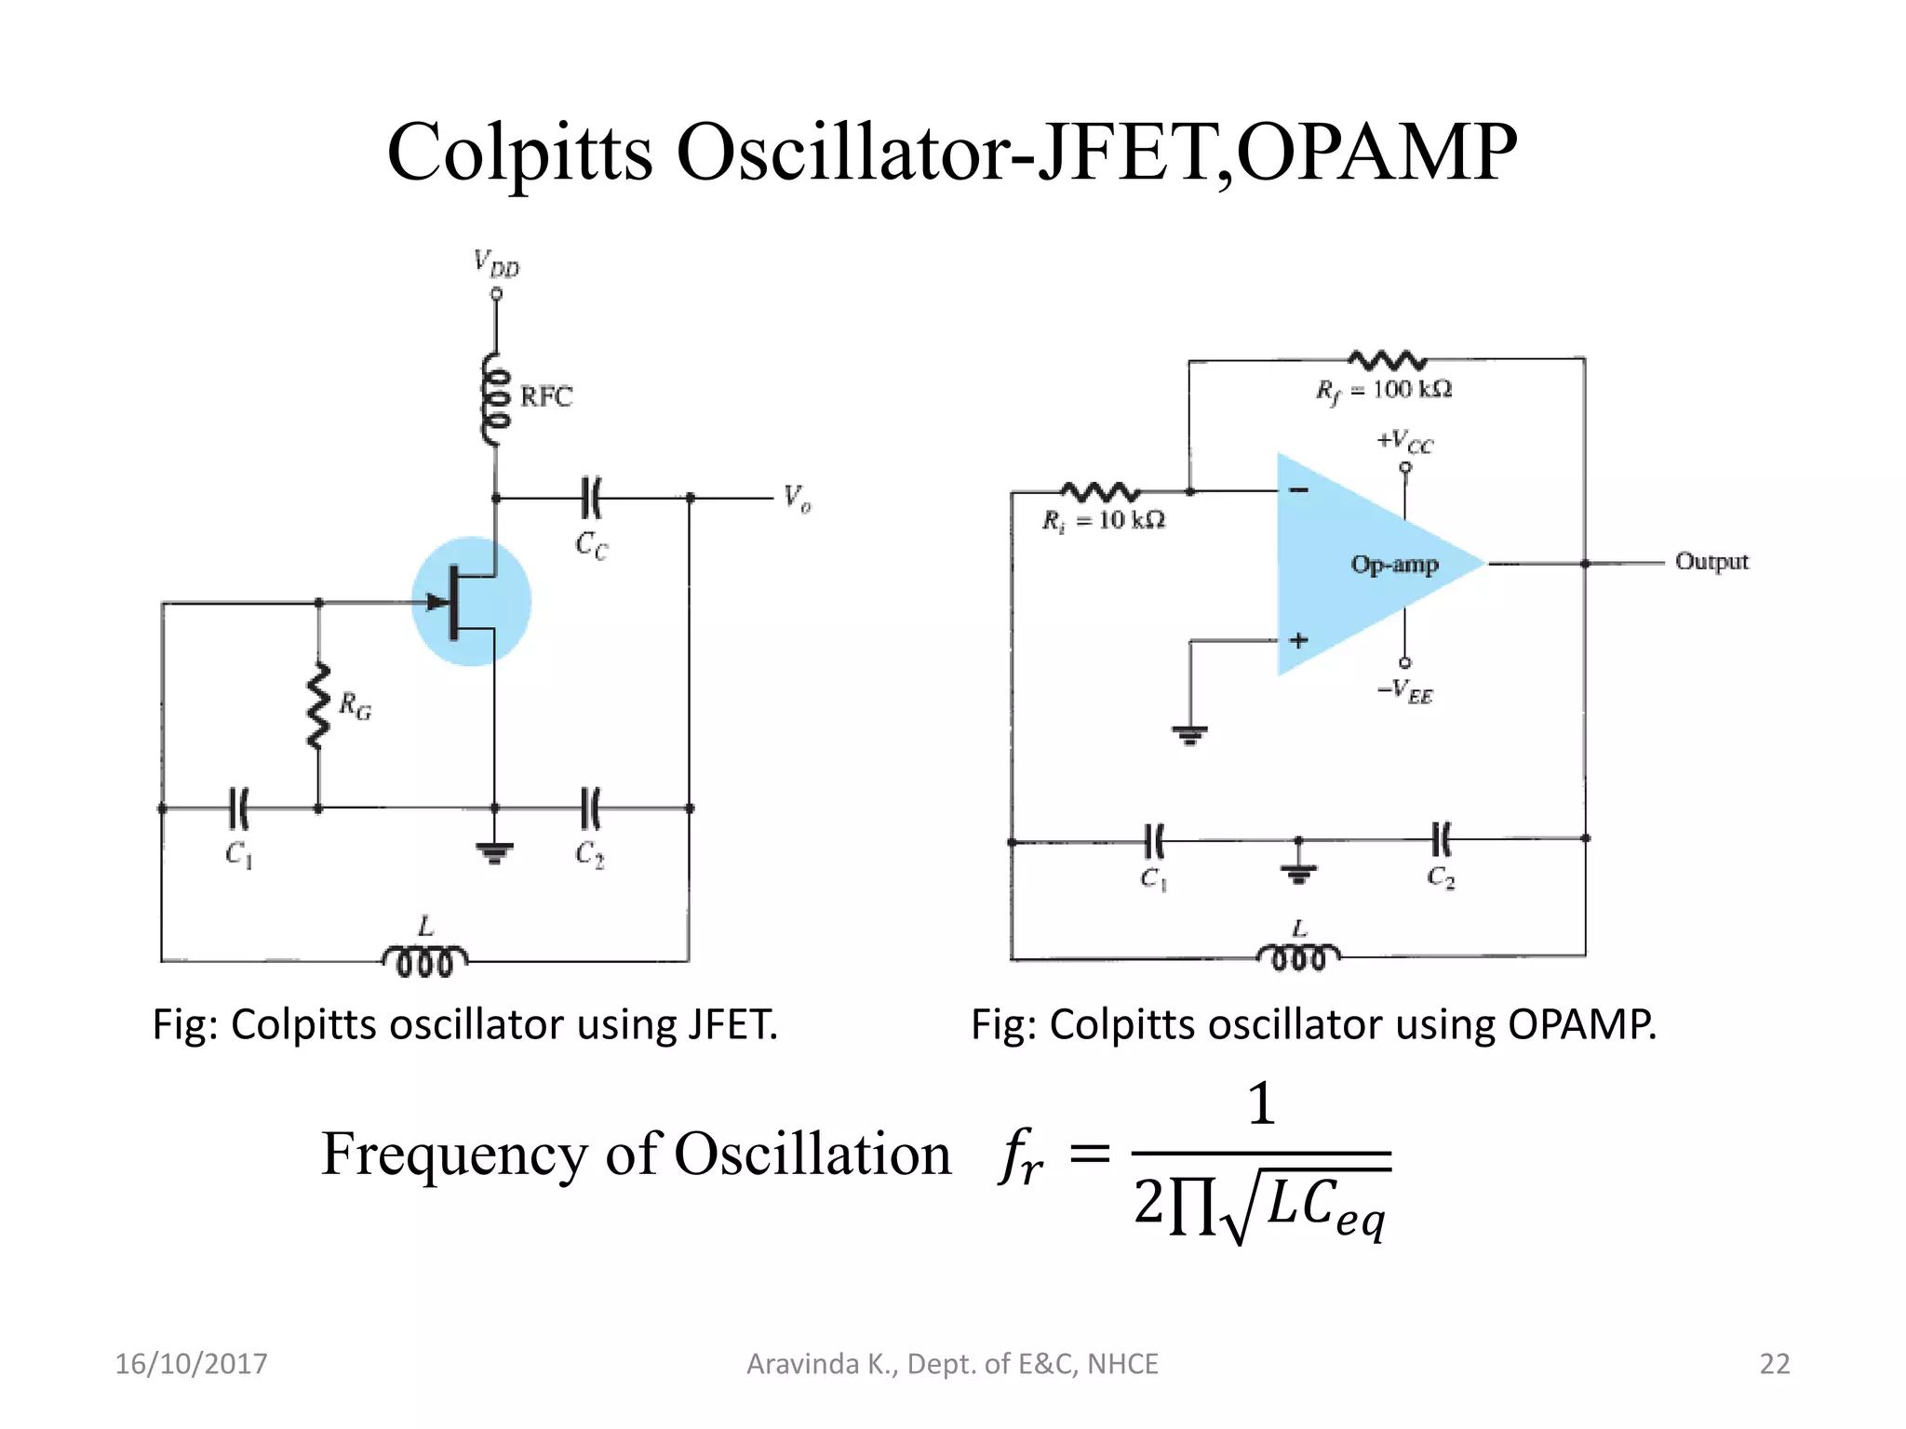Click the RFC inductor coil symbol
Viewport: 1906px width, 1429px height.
(x=496, y=400)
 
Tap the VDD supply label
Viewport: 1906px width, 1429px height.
(x=497, y=263)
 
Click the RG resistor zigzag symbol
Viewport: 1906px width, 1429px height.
(x=319, y=706)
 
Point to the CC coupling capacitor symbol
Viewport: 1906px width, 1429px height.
(x=591, y=498)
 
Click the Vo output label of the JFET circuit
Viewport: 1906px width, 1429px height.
(x=797, y=499)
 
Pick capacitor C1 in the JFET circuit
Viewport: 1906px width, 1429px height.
(x=239, y=808)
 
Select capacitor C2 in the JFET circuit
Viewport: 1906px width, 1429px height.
(x=591, y=808)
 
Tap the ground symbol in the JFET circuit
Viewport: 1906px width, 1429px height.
(x=494, y=851)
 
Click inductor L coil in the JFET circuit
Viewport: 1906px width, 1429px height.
(x=425, y=961)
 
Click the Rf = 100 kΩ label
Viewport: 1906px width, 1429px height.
(x=1384, y=391)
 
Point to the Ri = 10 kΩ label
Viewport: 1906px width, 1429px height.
(x=1104, y=521)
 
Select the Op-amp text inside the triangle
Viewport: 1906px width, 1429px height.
(x=1394, y=565)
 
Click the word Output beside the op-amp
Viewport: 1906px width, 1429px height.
(x=1711, y=562)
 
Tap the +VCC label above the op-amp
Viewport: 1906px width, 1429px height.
(x=1405, y=442)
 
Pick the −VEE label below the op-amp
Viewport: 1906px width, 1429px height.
(x=1405, y=691)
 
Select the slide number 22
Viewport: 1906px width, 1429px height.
(x=1775, y=1364)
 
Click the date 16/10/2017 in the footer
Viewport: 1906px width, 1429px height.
(x=191, y=1364)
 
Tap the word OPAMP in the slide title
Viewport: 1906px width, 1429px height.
(x=1377, y=152)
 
